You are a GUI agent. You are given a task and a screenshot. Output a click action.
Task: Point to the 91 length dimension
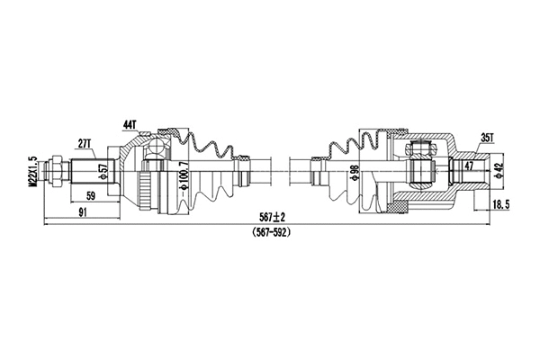pyautogui.click(x=82, y=212)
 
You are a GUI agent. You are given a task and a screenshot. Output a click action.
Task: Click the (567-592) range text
pyautogui.click(x=268, y=232)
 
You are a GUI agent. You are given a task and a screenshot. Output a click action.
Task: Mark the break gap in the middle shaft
pyautogui.click(x=279, y=168)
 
